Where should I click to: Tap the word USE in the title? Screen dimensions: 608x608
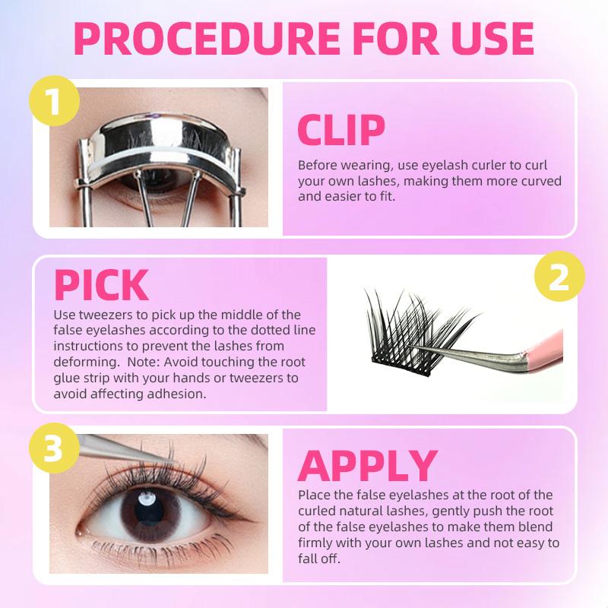(x=492, y=39)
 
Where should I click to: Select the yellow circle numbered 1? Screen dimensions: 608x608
(x=54, y=100)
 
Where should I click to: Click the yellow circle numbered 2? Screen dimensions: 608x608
(x=559, y=276)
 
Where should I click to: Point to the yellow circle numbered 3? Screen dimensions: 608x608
(x=54, y=448)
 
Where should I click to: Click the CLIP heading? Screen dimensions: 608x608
(x=341, y=129)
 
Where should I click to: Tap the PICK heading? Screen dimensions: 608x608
(x=101, y=285)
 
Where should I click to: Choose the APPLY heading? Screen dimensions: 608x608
(x=368, y=466)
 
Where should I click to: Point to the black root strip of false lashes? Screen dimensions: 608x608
(x=401, y=366)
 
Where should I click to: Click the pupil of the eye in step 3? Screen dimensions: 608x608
(x=149, y=511)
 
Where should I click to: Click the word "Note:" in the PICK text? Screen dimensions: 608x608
(x=144, y=362)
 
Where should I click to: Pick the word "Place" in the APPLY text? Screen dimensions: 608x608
(x=314, y=496)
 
